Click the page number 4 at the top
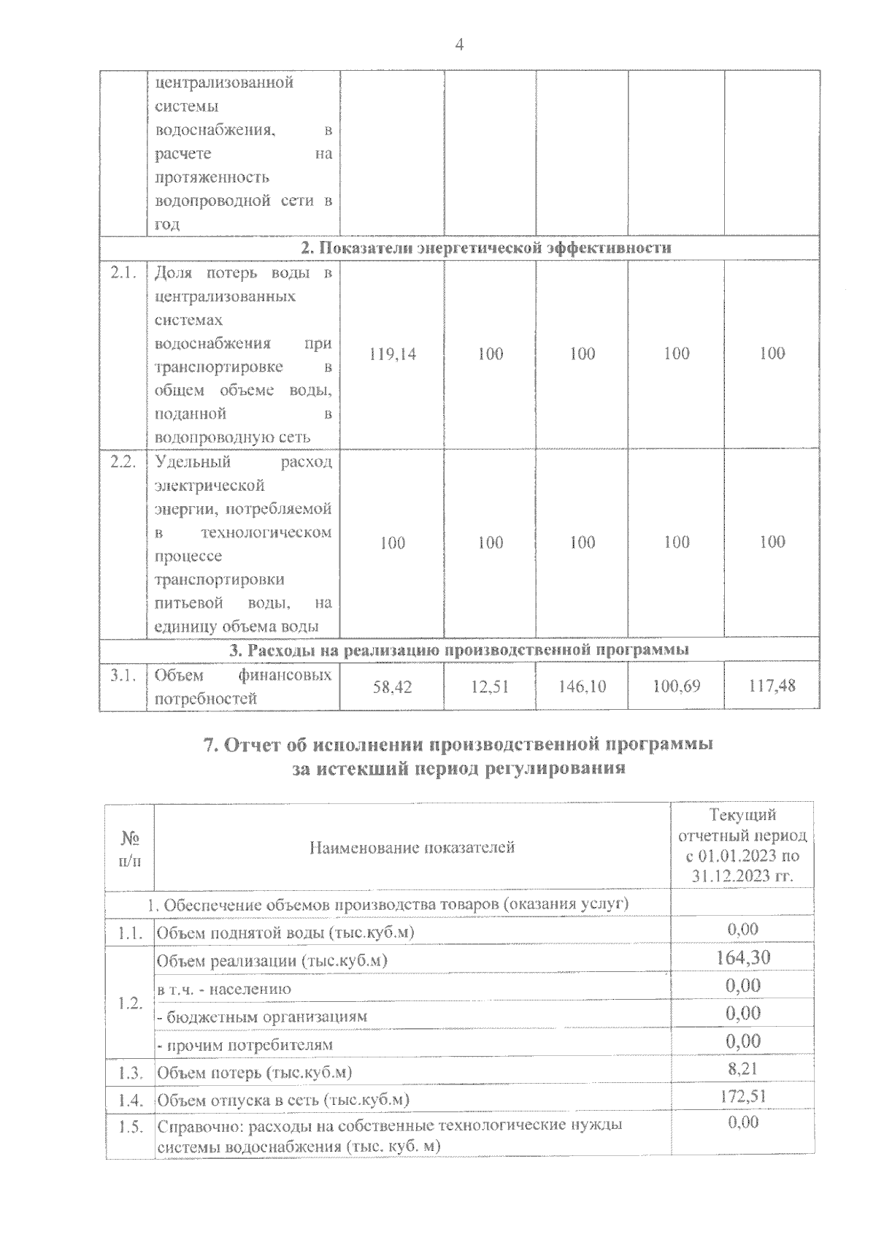[x=459, y=45]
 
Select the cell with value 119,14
[x=393, y=354]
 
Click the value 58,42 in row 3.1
[x=393, y=686]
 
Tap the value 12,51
[x=491, y=686]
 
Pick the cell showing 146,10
[x=582, y=686]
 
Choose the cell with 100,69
[x=677, y=686]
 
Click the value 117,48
[x=772, y=686]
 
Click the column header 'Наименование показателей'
[x=412, y=847]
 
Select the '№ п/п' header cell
[x=130, y=848]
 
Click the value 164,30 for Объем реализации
[x=743, y=957]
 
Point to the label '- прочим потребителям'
[x=245, y=1045]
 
